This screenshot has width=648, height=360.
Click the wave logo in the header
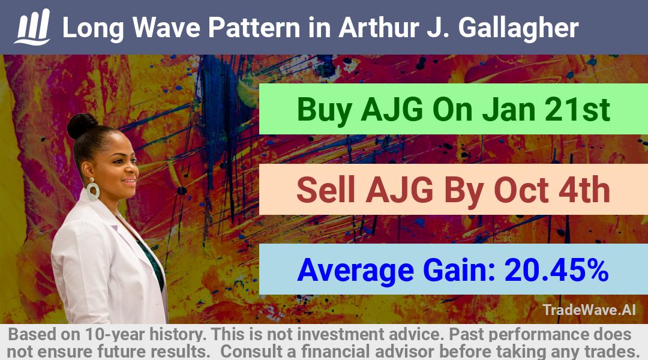click(x=32, y=27)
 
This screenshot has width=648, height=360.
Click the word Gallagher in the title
click(x=518, y=28)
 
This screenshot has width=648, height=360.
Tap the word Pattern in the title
click(x=254, y=28)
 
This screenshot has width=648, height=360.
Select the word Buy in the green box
click(x=325, y=110)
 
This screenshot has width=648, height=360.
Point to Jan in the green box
click(x=509, y=110)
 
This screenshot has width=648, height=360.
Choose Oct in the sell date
click(x=521, y=190)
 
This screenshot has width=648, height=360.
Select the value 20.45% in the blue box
click(x=557, y=270)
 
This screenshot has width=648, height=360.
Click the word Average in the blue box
click(x=355, y=271)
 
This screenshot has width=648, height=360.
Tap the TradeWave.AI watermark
click(x=589, y=310)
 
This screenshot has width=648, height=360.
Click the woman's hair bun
click(x=82, y=125)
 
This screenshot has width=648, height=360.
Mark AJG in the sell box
click(x=399, y=190)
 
